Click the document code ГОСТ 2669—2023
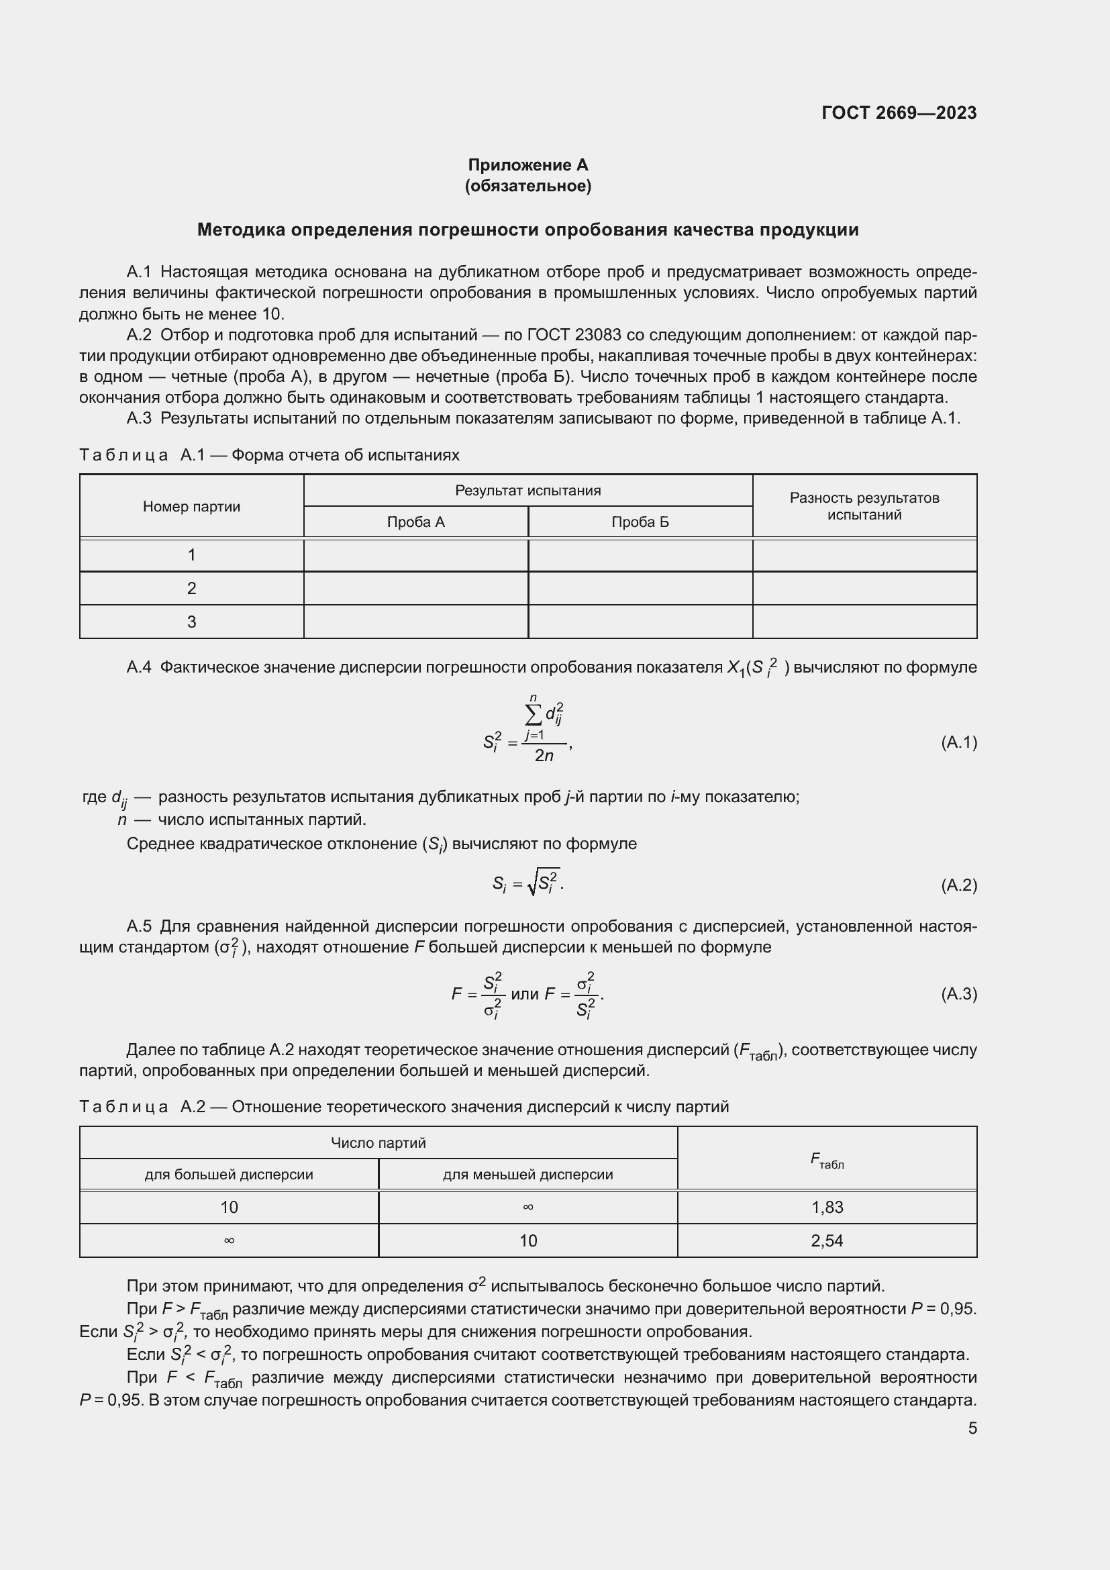pos(899,113)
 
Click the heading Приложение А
pos(527,165)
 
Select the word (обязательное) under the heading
pos(527,186)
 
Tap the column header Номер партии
pos(191,507)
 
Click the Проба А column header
pos(415,522)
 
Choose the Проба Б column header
pos(640,522)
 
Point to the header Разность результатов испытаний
pos(864,507)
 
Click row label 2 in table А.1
pos(191,588)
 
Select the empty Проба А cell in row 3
pos(415,622)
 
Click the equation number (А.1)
pos(958,742)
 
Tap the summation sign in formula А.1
pos(532,715)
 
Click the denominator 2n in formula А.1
pos(544,756)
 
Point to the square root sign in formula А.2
pos(532,884)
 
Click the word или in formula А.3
pos(524,994)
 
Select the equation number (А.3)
pos(958,994)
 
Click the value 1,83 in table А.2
pos(827,1207)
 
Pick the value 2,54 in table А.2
pos(827,1240)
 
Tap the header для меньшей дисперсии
pos(527,1175)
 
